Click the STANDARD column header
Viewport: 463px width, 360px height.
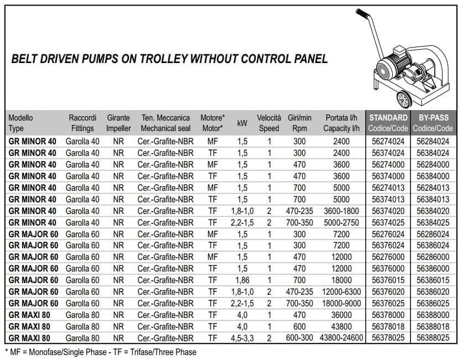coord(388,118)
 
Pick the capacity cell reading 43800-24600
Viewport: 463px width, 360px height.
coord(341,338)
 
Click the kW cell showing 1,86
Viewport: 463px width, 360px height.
coord(242,280)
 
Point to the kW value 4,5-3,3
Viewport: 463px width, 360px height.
coord(242,338)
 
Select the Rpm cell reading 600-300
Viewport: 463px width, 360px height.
coord(300,338)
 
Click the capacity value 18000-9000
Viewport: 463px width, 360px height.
coord(341,304)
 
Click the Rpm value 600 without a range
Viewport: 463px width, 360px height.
coord(300,326)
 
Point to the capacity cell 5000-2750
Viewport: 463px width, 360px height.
coord(341,223)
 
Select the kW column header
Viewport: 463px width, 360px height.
coord(242,123)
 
